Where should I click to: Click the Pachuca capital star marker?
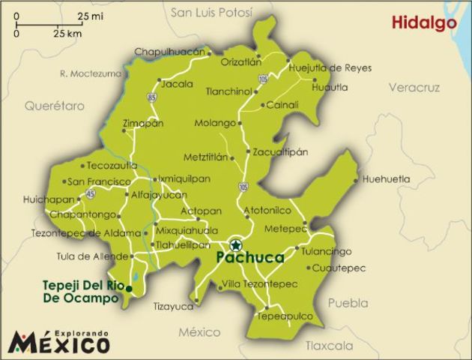[236, 244]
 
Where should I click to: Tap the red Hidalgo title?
[424, 23]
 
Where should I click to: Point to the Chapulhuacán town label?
[169, 52]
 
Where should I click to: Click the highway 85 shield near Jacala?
[152, 97]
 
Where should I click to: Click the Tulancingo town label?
[326, 251]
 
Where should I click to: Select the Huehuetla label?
[387, 179]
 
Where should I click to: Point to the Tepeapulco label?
[285, 316]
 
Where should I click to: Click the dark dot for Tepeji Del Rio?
[129, 289]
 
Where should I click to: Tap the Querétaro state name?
[54, 106]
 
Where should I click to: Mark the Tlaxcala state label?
[329, 346]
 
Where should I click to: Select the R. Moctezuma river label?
[90, 73]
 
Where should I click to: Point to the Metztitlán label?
[205, 157]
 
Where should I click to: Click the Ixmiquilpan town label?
[184, 179]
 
